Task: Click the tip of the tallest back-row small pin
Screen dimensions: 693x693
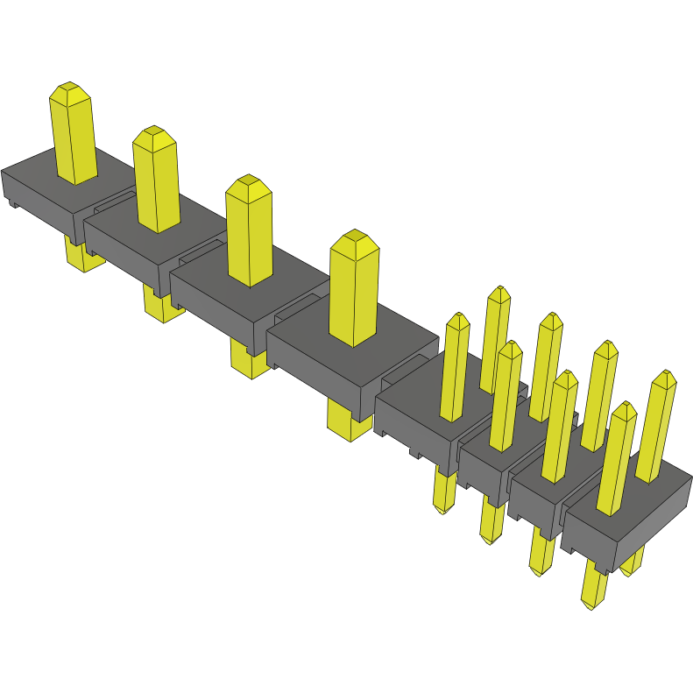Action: (x=499, y=292)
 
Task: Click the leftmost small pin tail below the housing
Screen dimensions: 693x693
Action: (x=445, y=495)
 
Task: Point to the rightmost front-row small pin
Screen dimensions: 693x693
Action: (x=618, y=460)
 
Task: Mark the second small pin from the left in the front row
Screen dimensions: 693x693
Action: (x=506, y=399)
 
